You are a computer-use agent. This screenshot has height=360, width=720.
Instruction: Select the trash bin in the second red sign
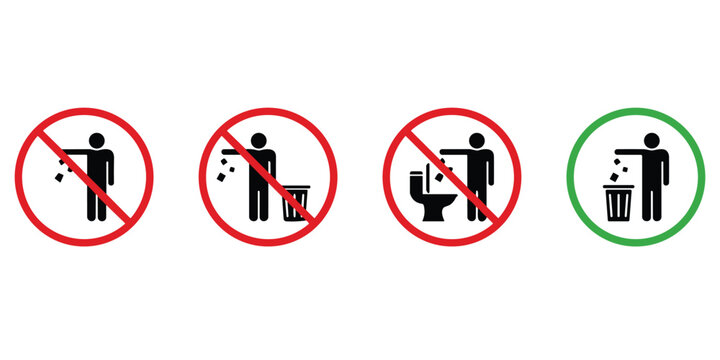coord(295,202)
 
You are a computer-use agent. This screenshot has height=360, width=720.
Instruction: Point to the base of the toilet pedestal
coord(433,213)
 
